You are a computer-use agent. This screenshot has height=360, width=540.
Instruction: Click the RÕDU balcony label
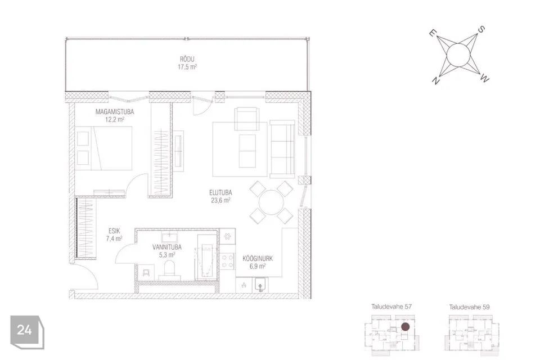click(187, 59)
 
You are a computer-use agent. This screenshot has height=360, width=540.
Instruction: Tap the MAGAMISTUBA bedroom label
click(115, 111)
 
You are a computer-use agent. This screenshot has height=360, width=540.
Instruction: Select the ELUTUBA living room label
click(220, 192)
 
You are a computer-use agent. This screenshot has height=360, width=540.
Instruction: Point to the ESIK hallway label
click(114, 231)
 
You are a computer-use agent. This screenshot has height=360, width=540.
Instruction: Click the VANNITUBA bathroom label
click(166, 247)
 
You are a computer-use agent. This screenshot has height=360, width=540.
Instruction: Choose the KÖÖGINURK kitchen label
click(258, 258)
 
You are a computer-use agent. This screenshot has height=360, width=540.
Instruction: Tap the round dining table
click(271, 202)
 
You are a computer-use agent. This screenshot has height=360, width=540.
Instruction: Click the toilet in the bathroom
click(170, 269)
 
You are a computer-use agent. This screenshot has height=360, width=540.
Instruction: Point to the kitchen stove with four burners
click(227, 261)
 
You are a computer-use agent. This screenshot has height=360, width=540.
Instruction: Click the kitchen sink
click(260, 286)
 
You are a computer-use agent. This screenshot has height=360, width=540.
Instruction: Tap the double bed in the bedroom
click(103, 148)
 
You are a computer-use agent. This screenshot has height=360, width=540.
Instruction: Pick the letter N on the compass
click(435, 81)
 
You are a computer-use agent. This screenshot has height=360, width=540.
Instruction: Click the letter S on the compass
click(481, 30)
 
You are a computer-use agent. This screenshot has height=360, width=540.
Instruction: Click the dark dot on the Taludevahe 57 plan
click(406, 327)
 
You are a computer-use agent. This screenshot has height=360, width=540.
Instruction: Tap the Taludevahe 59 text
click(469, 307)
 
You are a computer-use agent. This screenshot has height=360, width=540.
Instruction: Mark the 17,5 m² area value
click(187, 67)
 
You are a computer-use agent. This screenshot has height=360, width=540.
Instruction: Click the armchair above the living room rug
click(246, 119)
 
